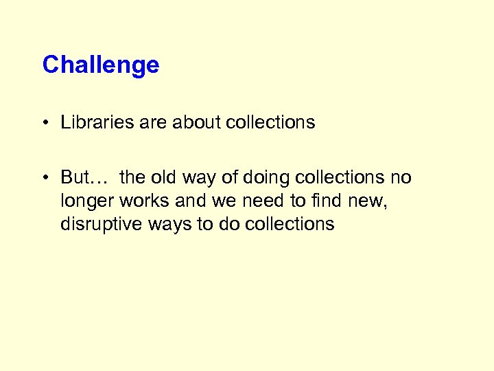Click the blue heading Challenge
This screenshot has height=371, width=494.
pyautogui.click(x=100, y=65)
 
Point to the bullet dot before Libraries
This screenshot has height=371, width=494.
pyautogui.click(x=45, y=123)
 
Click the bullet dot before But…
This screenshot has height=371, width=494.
pyautogui.click(x=45, y=178)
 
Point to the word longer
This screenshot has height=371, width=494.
pyautogui.click(x=87, y=201)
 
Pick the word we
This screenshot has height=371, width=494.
pyautogui.click(x=219, y=201)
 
